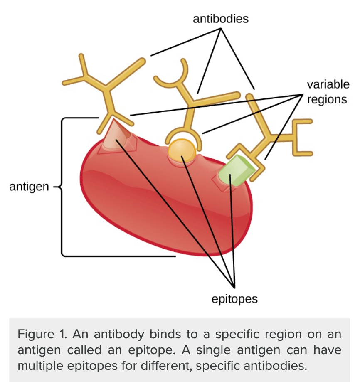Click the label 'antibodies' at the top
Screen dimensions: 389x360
coord(221,19)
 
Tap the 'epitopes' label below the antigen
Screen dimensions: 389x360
coord(234,299)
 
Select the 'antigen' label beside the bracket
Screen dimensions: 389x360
coord(29,187)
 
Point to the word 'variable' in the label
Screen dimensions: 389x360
coord(328,85)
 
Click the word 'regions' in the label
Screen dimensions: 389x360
coord(328,100)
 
